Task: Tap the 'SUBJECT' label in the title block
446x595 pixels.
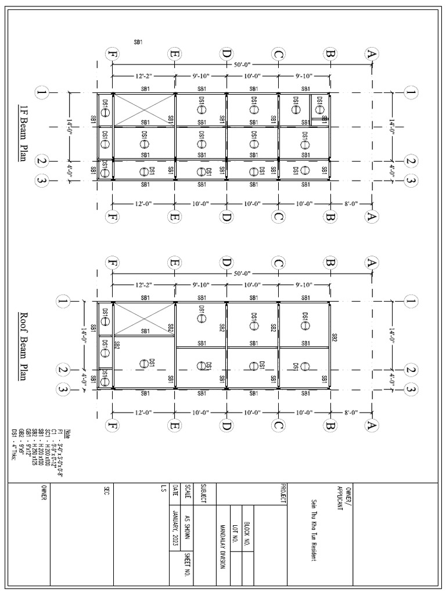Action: pyautogui.click(x=203, y=494)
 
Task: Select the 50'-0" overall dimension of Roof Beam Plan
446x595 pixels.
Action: pyautogui.click(x=242, y=273)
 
